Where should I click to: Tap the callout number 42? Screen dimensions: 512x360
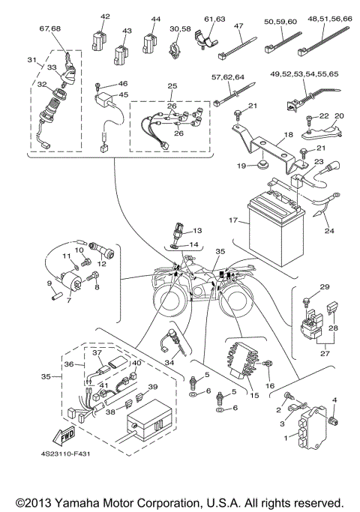104,16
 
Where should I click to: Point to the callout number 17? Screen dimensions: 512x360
233,221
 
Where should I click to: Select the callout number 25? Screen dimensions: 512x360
172,86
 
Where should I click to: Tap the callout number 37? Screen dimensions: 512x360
97,352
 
